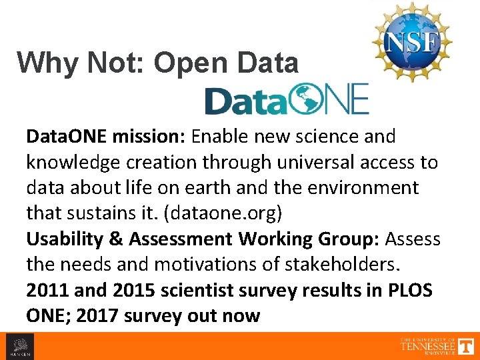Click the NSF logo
point(411,41)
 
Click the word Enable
point(221,137)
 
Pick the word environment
point(363,188)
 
